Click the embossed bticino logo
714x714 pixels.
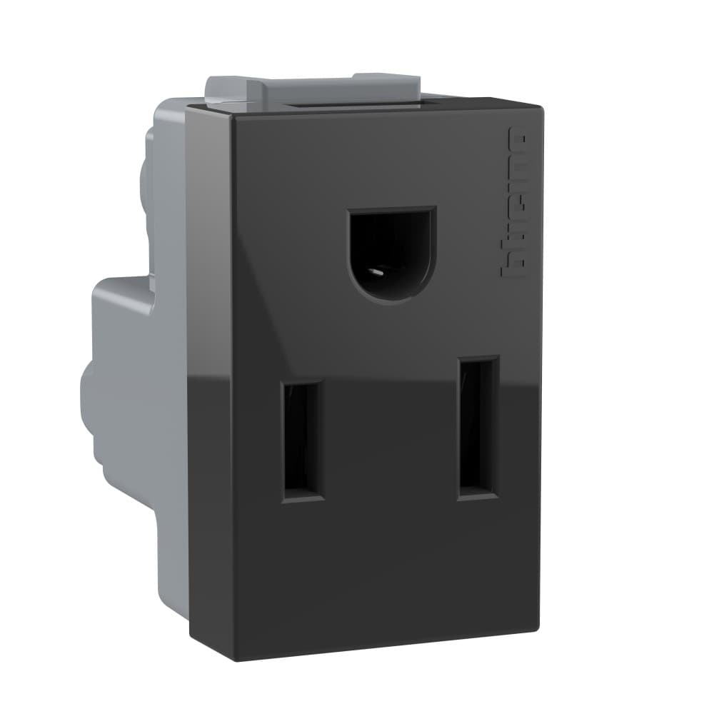(515, 203)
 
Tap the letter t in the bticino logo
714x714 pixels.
(515, 247)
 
